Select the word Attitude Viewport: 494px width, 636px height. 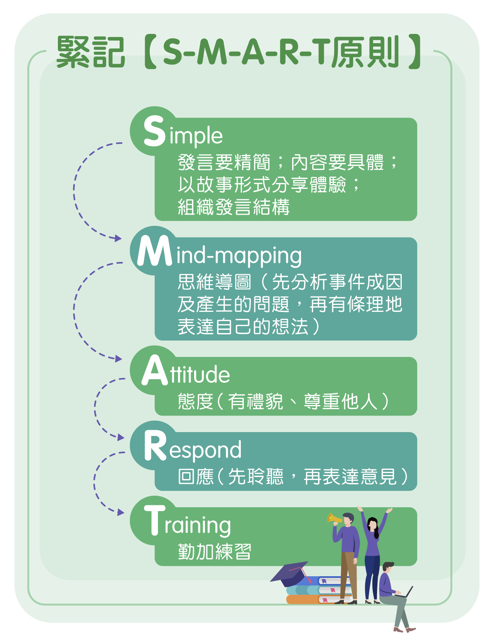186,370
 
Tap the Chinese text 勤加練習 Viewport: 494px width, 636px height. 215,552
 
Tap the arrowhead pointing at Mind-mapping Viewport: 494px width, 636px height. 118,238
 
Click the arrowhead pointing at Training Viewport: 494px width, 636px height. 120,512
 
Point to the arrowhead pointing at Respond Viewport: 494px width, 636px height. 120,437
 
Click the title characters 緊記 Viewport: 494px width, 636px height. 91,52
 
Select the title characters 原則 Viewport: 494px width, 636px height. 365,52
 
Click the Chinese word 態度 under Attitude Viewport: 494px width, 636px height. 195,401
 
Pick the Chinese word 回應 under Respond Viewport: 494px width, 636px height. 195,476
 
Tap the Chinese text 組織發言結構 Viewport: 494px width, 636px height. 233,207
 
